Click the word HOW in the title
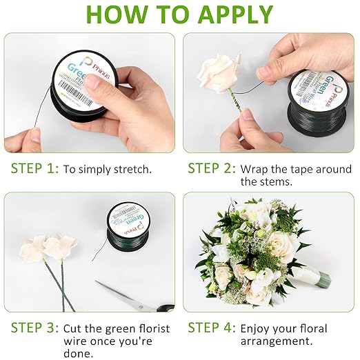click(x=115, y=14)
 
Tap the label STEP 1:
click(x=34, y=168)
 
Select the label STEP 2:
click(x=211, y=168)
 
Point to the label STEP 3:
click(x=34, y=328)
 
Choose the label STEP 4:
click(x=211, y=328)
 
